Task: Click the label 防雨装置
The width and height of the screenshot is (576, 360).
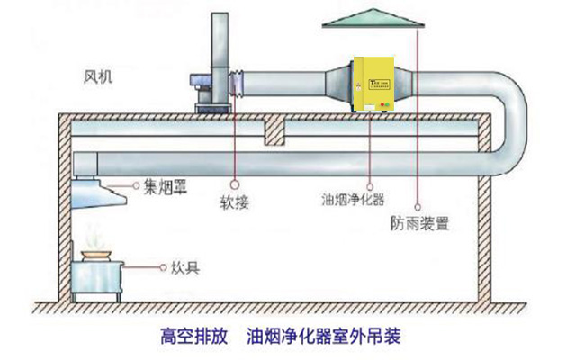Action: click(420, 222)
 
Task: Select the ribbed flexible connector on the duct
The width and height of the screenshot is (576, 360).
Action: click(238, 85)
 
